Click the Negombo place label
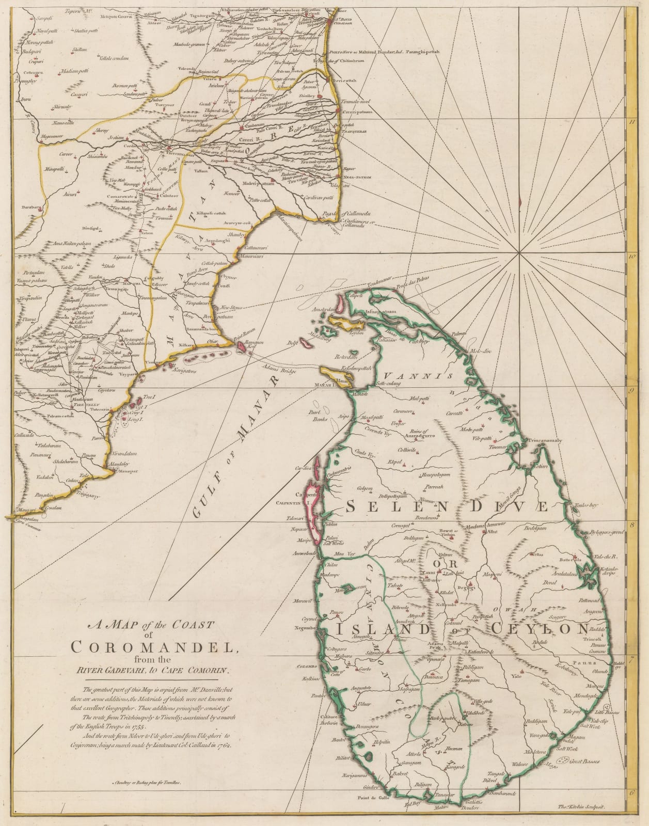(x=303, y=628)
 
